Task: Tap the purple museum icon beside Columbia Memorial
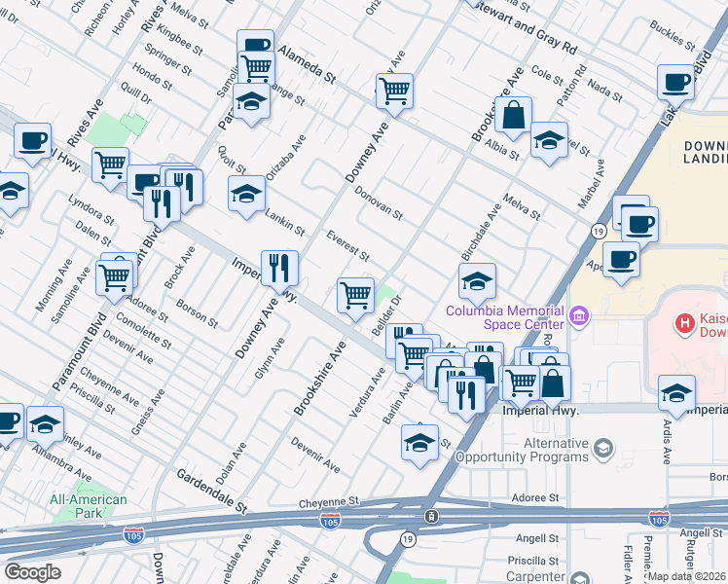point(580,316)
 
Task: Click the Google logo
point(32,572)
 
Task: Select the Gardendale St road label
point(211,492)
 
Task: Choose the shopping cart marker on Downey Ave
point(394,91)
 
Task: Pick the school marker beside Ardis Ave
point(676,393)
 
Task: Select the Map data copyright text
point(687,576)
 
